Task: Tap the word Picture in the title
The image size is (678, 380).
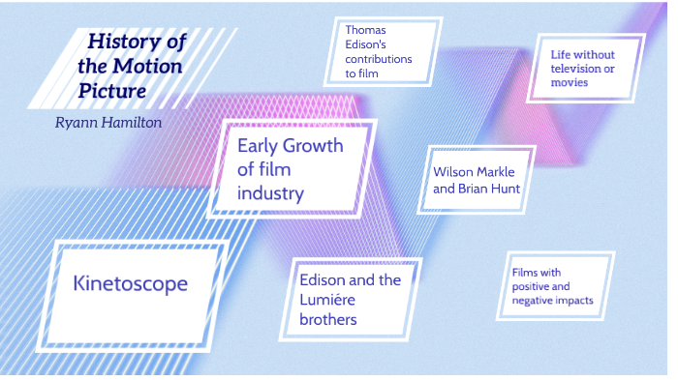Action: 114,92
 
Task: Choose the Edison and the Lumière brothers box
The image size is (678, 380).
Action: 350,299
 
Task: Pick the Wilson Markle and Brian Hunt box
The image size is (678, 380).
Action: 477,180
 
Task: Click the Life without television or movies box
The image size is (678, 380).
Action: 583,68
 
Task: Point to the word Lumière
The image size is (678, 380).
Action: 335,300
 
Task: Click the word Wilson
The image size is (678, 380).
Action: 455,172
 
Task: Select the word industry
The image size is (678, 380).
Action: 270,192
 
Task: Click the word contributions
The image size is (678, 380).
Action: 379,58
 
